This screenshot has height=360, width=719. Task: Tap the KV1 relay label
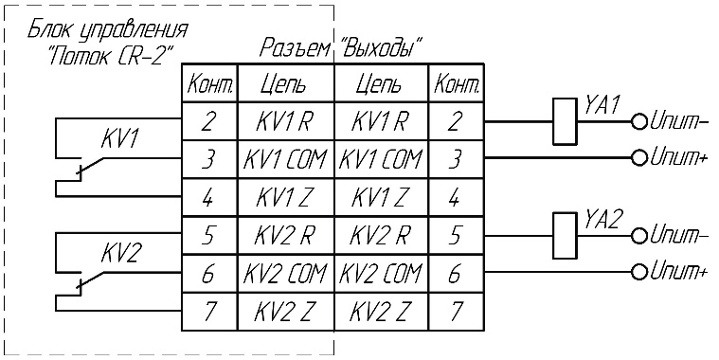point(119,140)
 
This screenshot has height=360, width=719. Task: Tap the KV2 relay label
point(119,254)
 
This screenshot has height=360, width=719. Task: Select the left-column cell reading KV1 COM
point(286,159)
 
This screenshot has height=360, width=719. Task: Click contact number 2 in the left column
point(209,122)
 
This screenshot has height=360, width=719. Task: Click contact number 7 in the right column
point(456,312)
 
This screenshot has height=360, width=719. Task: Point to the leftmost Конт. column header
point(209,84)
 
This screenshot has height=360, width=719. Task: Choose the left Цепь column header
point(284,85)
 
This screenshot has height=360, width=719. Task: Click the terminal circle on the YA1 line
point(638,121)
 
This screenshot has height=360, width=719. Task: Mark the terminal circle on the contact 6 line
point(638,272)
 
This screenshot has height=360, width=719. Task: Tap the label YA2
point(603,221)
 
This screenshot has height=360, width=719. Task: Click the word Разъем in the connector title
point(296,47)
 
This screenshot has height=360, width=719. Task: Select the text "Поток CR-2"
point(110,55)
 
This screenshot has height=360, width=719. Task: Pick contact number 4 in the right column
point(455,198)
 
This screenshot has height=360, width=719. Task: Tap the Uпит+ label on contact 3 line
point(677,158)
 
